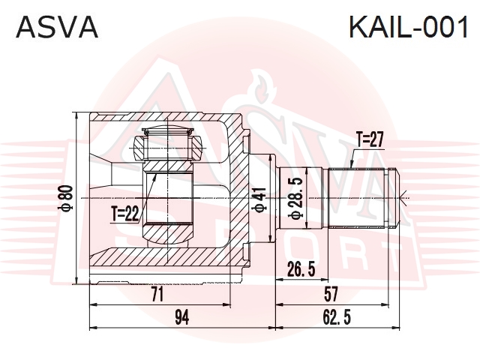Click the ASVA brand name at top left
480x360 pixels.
click(57, 27)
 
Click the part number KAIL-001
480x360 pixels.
click(409, 27)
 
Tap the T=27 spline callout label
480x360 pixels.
click(370, 140)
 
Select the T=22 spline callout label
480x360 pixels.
click(125, 213)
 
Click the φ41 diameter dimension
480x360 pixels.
click(259, 199)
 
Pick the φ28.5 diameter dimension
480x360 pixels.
click(295, 198)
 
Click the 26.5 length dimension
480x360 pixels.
click(301, 269)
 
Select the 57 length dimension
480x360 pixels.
click(331, 294)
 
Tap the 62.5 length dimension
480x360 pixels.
click(337, 317)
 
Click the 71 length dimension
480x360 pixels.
click(157, 294)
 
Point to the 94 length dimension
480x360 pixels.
click(181, 317)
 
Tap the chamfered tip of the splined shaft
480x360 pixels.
click(396, 198)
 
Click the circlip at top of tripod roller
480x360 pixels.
click(168, 132)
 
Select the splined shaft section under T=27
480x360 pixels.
click(357, 198)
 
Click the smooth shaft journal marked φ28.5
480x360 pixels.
click(301, 198)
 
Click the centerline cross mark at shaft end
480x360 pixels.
click(405, 198)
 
